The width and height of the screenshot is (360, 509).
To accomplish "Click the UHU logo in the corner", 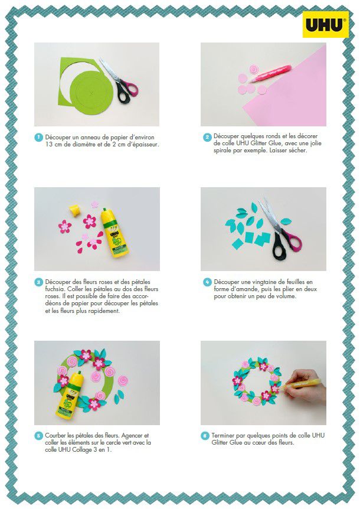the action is click(x=326, y=24).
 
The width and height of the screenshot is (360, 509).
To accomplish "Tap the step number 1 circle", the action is click(x=38, y=138).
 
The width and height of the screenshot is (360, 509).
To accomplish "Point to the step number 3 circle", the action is click(x=38, y=282).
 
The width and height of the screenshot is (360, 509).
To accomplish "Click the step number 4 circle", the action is click(x=207, y=282).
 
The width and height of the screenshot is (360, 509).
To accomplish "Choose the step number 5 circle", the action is click(x=38, y=436).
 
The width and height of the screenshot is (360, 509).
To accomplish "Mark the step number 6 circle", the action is click(x=205, y=436).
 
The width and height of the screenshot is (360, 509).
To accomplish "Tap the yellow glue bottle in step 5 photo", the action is click(x=70, y=396).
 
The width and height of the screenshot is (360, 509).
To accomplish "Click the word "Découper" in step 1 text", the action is click(x=58, y=138).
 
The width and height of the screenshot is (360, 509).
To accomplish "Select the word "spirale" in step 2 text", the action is click(x=222, y=151).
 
